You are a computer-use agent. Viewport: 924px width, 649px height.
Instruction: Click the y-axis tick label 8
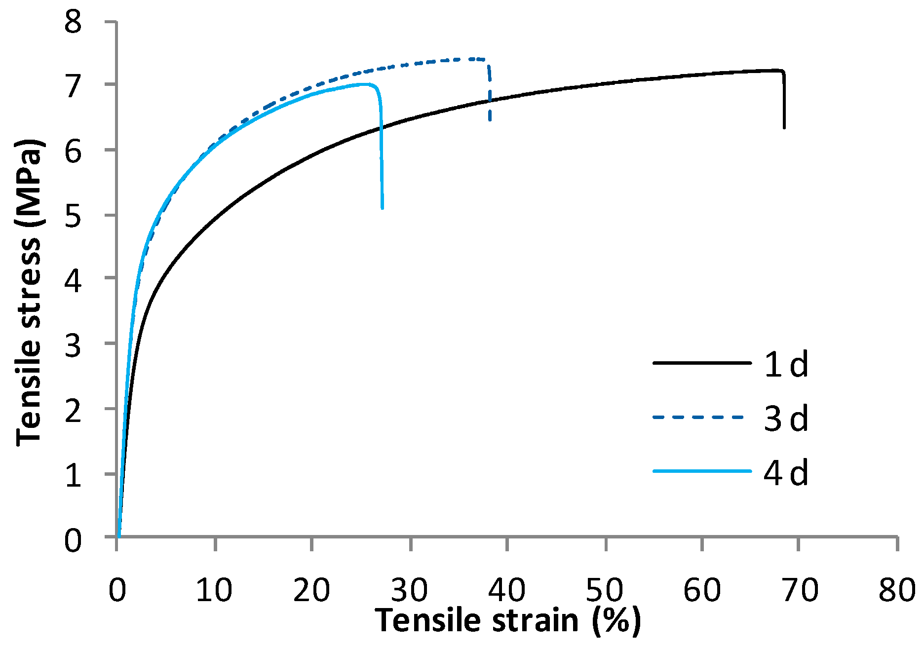73,23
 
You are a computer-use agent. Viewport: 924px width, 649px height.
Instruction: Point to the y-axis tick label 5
73,216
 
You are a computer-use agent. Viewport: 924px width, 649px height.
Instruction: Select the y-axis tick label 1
73,476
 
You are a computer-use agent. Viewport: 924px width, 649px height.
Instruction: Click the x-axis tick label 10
214,589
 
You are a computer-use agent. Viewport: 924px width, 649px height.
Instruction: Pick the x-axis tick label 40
507,589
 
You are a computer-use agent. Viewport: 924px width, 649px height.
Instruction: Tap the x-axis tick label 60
702,589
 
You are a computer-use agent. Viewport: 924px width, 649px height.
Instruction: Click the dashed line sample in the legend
701,418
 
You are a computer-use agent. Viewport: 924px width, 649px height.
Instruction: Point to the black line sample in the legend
701,363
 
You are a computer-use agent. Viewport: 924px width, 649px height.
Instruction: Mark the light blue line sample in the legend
701,471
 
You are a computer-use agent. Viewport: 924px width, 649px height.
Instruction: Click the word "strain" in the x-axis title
536,620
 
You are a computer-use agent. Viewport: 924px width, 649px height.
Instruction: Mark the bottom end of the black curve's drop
784,128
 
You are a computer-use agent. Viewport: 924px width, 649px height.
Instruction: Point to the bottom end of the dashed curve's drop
490,120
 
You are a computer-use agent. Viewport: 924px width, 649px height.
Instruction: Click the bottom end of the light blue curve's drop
383,208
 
